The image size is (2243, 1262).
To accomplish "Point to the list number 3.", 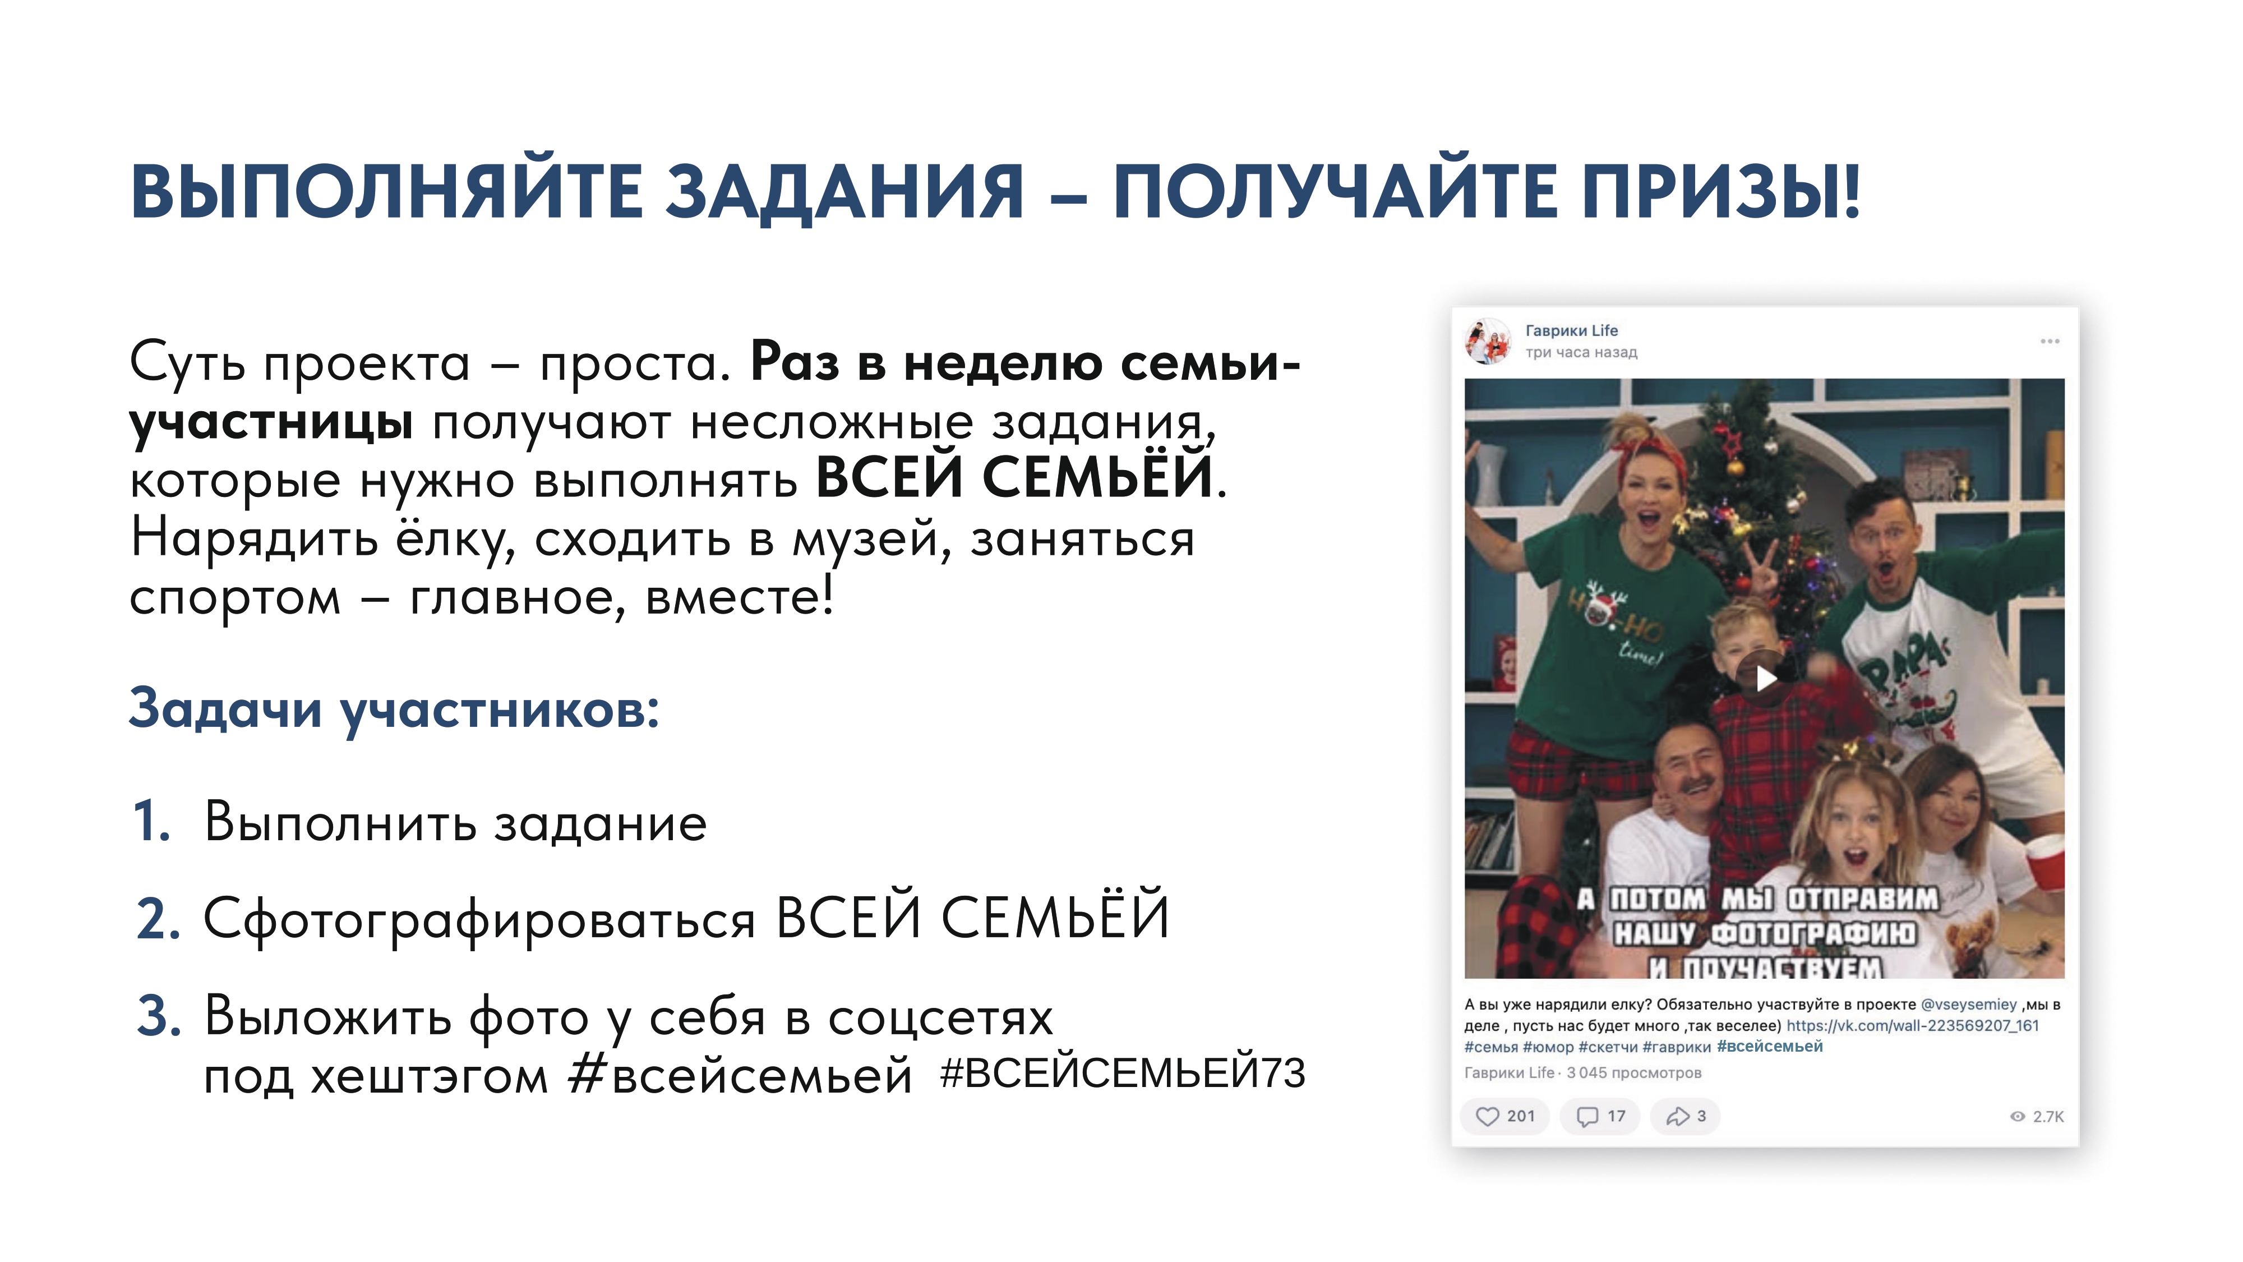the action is [159, 1016].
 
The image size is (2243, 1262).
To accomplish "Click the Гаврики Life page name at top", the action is [1572, 330].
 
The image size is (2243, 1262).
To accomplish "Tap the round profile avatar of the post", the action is [1488, 340].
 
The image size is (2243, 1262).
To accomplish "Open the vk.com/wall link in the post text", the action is [1913, 1026].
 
